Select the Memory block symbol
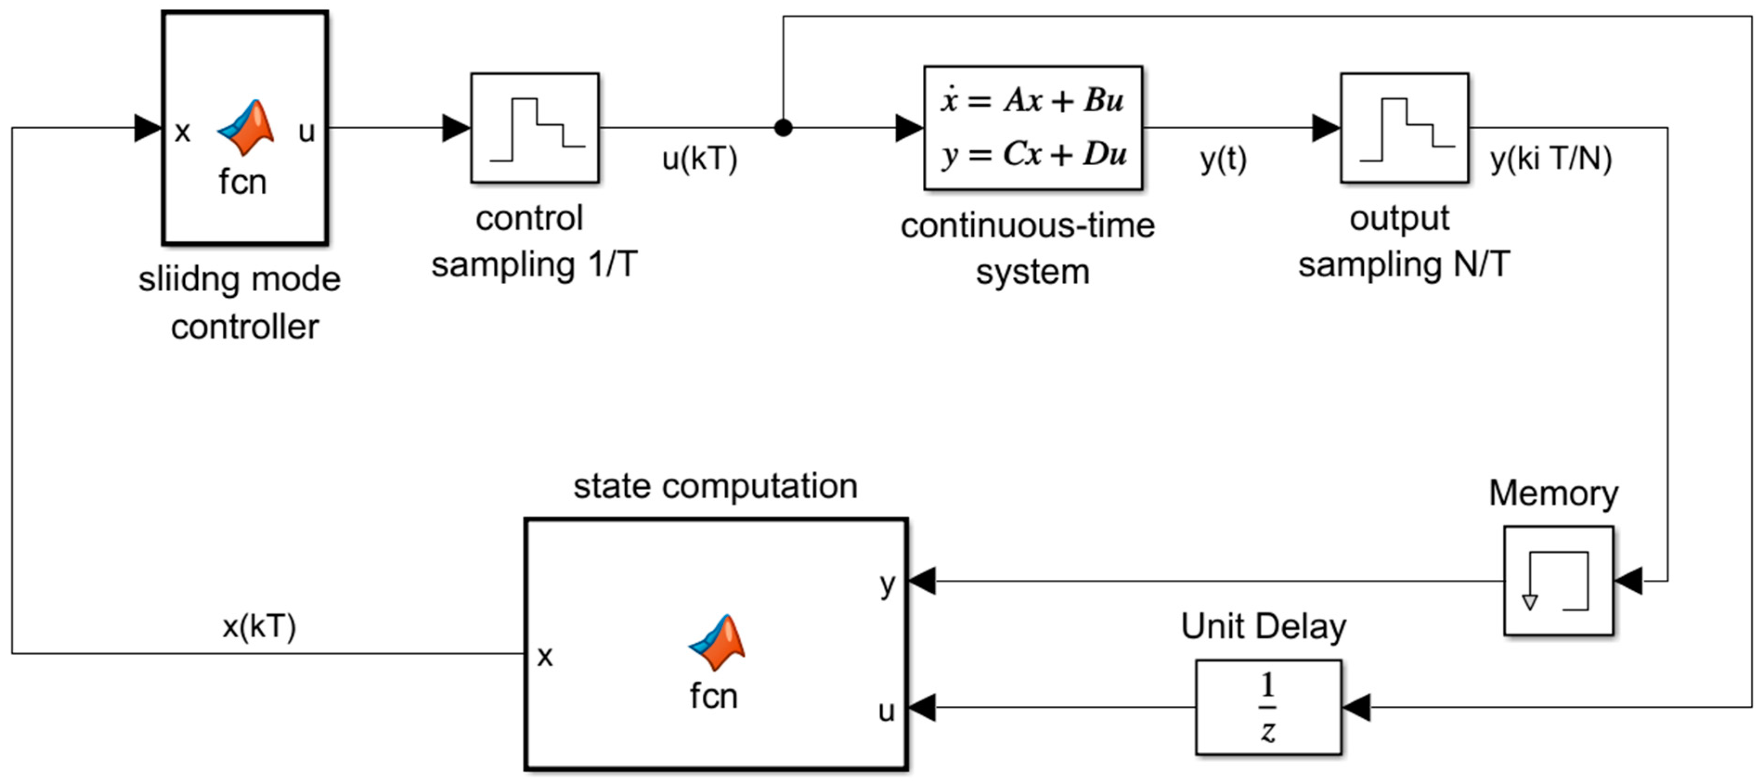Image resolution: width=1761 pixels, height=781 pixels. tap(1559, 581)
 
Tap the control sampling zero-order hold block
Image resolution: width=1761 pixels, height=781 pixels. tap(535, 128)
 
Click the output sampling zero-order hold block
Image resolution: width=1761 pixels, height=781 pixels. tap(1404, 128)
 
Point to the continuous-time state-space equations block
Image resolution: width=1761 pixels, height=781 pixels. tap(1032, 128)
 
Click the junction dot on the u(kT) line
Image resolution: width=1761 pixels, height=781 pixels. tap(783, 128)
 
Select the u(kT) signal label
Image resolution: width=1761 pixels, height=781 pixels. tap(699, 159)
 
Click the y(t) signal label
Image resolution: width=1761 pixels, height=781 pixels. tap(1223, 159)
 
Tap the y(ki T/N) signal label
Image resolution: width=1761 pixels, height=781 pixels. tap(1550, 159)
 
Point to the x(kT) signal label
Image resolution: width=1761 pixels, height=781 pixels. tap(259, 626)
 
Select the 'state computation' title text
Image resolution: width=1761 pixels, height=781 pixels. tap(715, 487)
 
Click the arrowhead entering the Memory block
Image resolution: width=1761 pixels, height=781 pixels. tap(1628, 581)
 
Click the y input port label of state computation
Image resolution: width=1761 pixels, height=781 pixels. tap(887, 584)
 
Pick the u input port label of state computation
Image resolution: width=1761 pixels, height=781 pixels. tap(886, 711)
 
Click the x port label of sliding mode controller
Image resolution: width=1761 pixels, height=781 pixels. tap(182, 131)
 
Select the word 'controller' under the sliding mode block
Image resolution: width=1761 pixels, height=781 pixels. tap(245, 326)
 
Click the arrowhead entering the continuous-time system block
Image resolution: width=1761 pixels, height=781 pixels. tap(909, 128)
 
